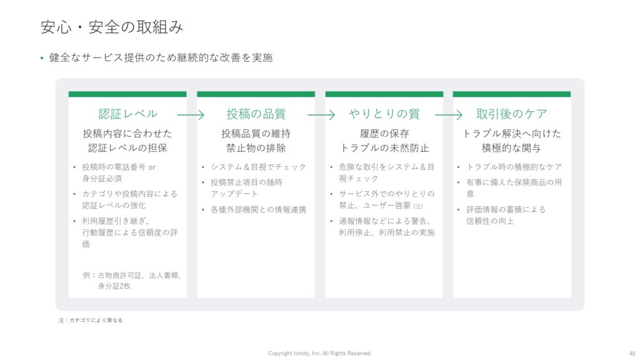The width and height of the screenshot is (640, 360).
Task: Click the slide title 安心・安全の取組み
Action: [112, 27]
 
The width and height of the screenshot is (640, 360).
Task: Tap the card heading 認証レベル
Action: [127, 114]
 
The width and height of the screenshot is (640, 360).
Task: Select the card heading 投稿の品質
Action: [256, 114]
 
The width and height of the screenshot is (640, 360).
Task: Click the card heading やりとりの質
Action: [384, 114]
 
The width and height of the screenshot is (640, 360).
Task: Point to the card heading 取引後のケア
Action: [511, 114]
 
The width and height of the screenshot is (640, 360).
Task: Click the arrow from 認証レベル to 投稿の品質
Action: [191, 115]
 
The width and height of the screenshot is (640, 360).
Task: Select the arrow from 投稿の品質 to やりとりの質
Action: [321, 115]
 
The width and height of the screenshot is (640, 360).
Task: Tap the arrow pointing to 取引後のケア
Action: [449, 115]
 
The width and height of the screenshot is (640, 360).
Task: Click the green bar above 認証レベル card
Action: [127, 94]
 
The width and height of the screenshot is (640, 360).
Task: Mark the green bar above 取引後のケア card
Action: [512, 94]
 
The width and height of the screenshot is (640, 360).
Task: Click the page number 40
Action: [632, 354]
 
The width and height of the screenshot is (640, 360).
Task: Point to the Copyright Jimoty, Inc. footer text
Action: [319, 353]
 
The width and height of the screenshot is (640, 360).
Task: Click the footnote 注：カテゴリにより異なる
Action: [90, 321]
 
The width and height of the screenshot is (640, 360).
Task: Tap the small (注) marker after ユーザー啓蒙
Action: [418, 206]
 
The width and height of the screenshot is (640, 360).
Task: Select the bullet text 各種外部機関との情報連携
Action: [258, 210]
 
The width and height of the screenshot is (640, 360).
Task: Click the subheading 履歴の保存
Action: [384, 134]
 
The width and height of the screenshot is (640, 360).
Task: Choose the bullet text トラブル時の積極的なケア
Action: [514, 167]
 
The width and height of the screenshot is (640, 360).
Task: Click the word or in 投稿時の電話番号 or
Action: [152, 167]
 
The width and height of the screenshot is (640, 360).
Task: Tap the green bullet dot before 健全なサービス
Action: [42, 58]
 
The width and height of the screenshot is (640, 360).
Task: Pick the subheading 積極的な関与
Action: [511, 147]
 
